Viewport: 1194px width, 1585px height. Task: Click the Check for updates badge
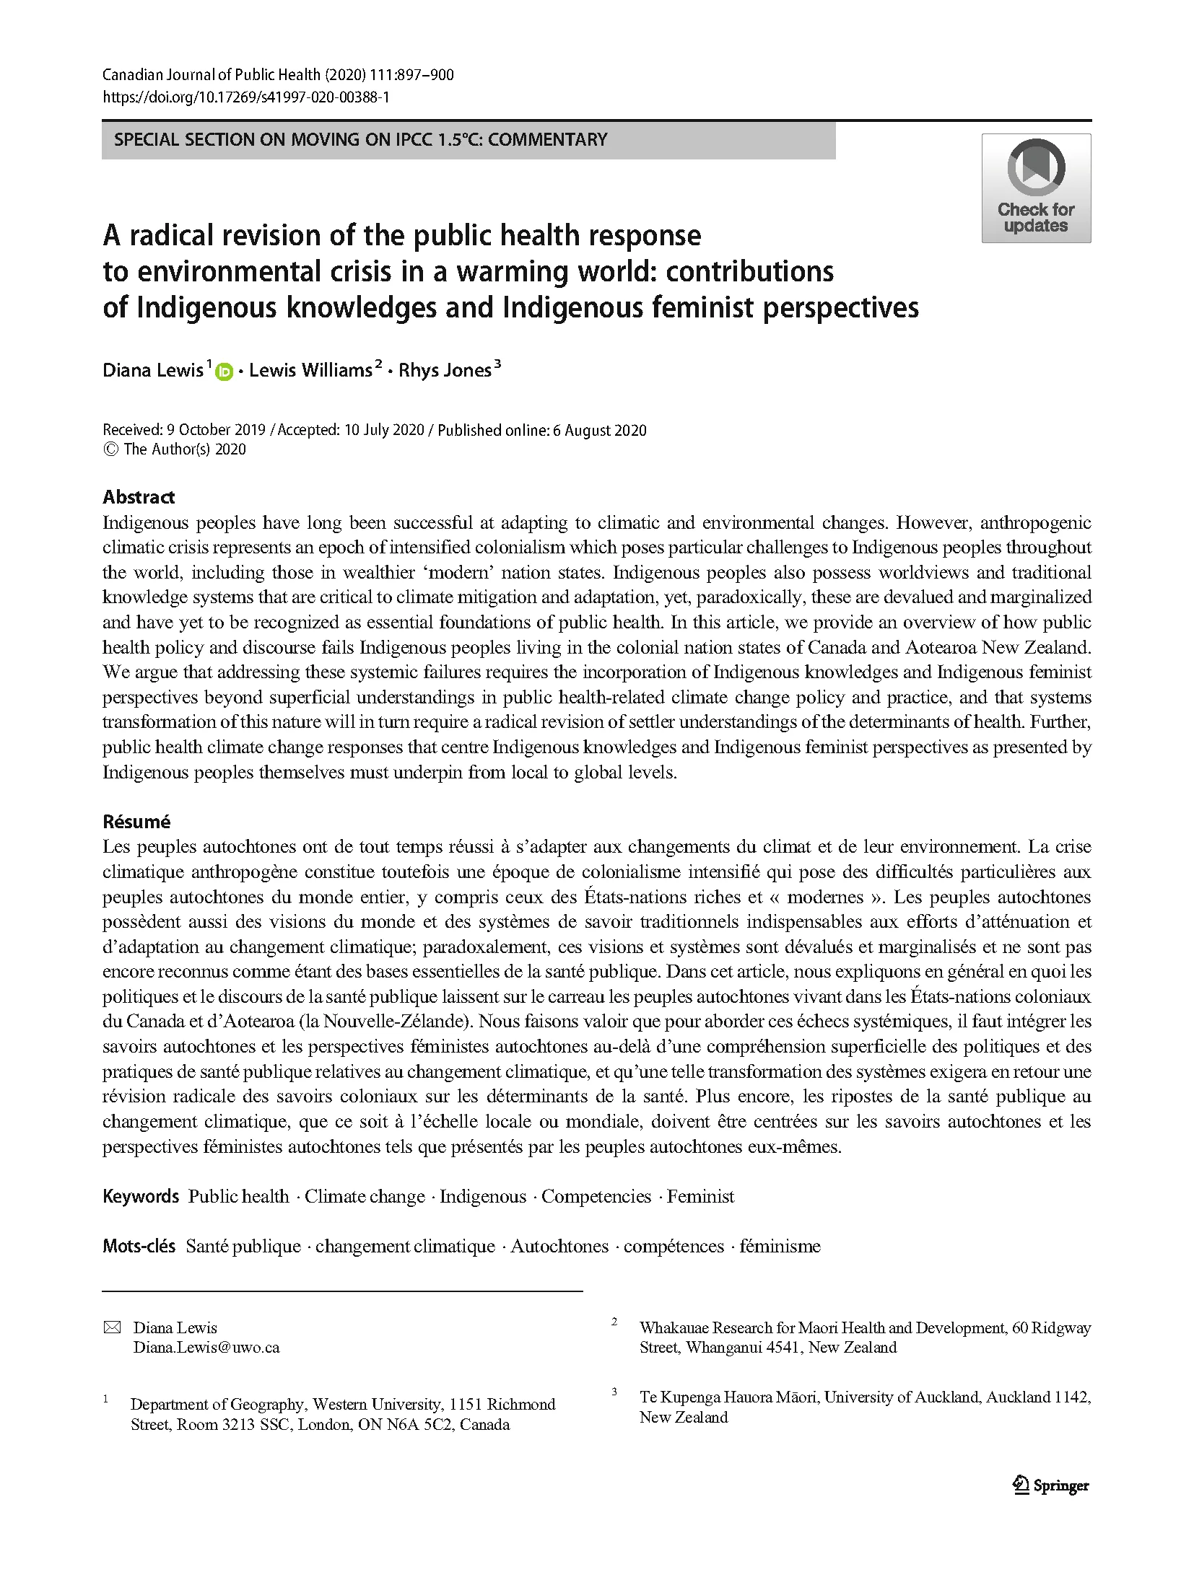pos(1035,188)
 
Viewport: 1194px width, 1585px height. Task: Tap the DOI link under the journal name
pos(245,97)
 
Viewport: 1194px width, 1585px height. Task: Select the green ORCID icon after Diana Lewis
pos(224,372)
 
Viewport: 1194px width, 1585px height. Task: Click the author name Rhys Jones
pos(444,370)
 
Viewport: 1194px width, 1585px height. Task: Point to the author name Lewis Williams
pos(310,370)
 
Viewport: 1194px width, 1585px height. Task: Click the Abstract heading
pos(139,496)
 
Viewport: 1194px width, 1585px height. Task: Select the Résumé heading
pos(136,821)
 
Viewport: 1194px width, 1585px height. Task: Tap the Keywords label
pos(141,1196)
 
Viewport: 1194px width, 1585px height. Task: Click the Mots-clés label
pos(139,1246)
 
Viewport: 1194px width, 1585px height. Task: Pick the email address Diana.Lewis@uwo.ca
pos(206,1347)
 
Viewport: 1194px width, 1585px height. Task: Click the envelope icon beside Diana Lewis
pos(112,1327)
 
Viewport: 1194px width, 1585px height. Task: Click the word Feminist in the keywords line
pos(700,1196)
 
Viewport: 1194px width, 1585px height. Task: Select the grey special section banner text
pos(361,139)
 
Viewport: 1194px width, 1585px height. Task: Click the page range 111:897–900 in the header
pos(411,74)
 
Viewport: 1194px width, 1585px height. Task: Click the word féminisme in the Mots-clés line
pos(780,1246)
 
